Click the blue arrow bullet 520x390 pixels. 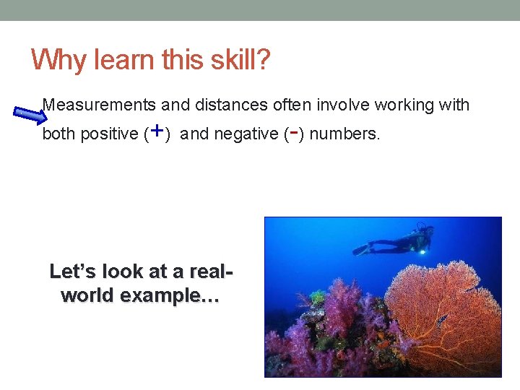click(x=29, y=114)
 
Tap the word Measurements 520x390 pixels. click(x=100, y=105)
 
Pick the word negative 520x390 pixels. click(x=246, y=134)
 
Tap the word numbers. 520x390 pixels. click(x=343, y=134)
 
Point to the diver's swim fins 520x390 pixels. click(x=362, y=249)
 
